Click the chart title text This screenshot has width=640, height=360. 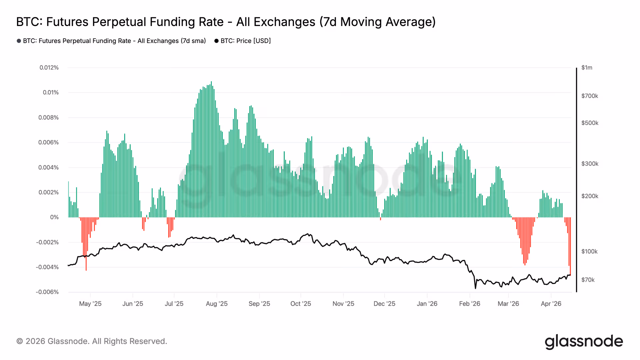(226, 22)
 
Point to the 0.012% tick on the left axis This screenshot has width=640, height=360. (49, 68)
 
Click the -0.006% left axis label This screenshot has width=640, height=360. (47, 292)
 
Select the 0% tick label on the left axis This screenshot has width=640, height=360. (54, 217)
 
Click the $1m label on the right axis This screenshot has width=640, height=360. (587, 68)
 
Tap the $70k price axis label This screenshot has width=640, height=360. (588, 280)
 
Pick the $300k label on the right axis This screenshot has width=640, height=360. (590, 164)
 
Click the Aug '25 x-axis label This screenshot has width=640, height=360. (217, 304)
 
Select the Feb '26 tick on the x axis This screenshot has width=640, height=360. (469, 304)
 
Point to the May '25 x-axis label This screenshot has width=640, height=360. (90, 304)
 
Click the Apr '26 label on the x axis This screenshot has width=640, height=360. (551, 304)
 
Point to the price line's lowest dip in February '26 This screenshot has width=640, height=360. (475, 287)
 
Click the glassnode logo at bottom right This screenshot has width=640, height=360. (584, 342)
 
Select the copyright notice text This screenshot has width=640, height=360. (92, 341)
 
